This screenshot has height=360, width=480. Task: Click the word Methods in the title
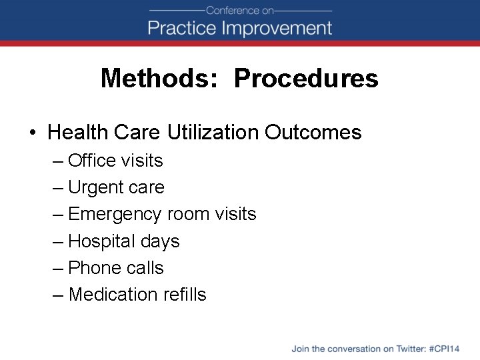pos(155,79)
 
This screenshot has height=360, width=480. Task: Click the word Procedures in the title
pos(306,79)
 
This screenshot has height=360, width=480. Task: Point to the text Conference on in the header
pos(240,10)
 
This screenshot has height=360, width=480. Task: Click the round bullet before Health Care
pos(33,133)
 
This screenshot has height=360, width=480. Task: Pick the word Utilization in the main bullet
pos(213,132)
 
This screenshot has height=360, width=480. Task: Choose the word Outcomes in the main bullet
pos(313,132)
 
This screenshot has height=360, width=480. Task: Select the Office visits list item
pos(115,161)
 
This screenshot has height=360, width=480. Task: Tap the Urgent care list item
pos(116,188)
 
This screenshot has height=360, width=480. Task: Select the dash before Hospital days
pos(58,241)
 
